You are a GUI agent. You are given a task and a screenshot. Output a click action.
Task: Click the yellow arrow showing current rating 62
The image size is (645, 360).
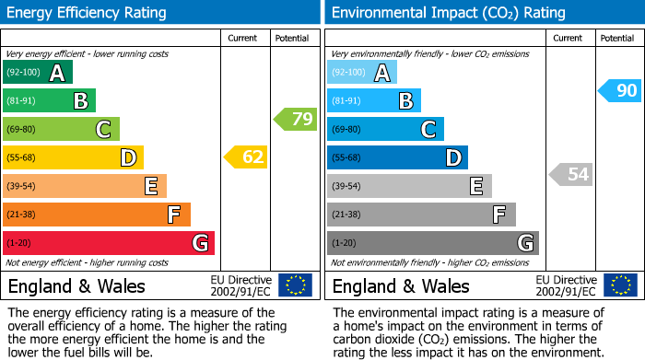(246, 157)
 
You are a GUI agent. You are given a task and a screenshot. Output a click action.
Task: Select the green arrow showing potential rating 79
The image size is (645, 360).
(295, 119)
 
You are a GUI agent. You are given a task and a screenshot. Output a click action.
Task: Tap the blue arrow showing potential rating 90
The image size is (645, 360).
(618, 90)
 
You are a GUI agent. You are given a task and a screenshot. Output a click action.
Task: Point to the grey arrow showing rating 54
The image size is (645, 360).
(570, 174)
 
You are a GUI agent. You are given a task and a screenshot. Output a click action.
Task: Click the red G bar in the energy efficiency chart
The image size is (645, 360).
(108, 243)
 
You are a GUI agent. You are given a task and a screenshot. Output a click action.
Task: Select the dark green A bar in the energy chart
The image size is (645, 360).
(38, 73)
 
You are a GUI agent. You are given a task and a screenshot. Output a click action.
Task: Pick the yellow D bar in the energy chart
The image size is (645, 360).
(73, 157)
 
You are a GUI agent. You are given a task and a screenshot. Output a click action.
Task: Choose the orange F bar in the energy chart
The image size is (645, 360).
(97, 215)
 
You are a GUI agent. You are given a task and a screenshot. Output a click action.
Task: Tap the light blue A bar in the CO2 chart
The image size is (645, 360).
(362, 73)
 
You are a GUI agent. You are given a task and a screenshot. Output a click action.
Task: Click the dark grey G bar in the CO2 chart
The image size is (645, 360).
(432, 243)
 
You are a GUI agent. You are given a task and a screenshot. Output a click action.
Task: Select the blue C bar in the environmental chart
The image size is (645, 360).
(385, 129)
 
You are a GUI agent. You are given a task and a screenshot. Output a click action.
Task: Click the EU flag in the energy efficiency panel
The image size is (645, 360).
(295, 285)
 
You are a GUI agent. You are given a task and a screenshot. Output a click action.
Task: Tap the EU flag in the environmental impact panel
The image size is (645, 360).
(619, 285)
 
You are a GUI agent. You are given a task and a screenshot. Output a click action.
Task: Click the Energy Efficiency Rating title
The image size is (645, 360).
(88, 13)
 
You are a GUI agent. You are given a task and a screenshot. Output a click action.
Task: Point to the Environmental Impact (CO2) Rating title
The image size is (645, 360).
(448, 13)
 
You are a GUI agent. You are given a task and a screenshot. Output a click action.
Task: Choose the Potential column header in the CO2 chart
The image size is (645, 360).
(617, 38)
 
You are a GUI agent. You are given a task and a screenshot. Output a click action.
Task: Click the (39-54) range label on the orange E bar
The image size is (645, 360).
(21, 187)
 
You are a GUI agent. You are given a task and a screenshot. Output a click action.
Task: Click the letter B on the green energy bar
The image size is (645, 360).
(81, 101)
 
